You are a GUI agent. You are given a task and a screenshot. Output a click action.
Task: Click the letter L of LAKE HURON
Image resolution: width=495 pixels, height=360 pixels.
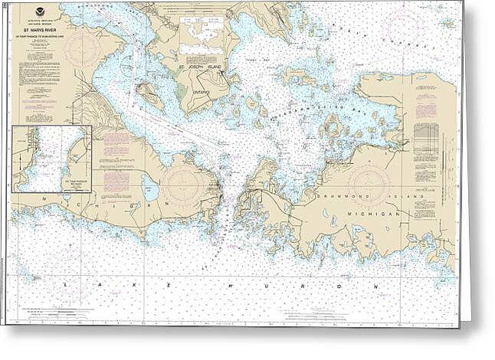67,284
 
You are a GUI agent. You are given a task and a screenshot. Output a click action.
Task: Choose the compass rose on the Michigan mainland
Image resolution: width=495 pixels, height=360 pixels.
182,184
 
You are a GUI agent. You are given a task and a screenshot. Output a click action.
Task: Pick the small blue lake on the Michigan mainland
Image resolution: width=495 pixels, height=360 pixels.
150,187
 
